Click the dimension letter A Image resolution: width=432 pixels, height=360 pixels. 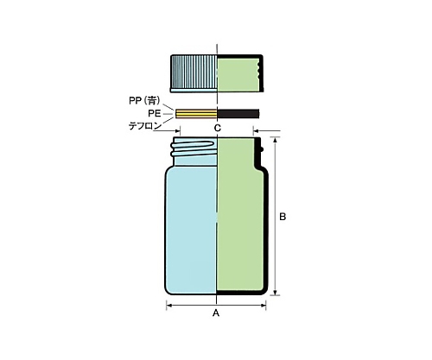coord(216,313)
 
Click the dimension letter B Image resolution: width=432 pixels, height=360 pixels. coord(283,217)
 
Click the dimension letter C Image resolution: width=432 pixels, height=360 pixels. coord(218,128)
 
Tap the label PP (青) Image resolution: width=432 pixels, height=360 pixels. coord(144,101)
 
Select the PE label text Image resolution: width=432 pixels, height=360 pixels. coord(155,113)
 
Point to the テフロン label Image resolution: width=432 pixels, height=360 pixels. coord(145,126)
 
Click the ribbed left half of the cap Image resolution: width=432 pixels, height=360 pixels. coord(194,72)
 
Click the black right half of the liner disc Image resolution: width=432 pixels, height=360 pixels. coord(238,114)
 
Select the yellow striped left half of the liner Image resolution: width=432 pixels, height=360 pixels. coord(196,114)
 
